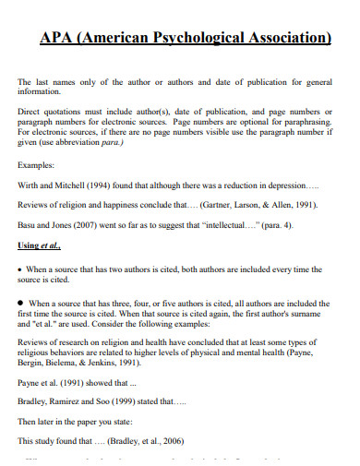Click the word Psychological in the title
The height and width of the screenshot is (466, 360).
click(190, 38)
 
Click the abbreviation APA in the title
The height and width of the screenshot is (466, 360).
click(56, 38)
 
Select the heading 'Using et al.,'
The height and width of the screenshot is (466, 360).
click(43, 246)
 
